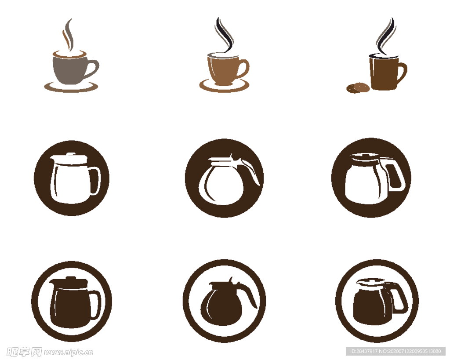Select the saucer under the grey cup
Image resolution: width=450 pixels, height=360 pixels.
coord(71,87)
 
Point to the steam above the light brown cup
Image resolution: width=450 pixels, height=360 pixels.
coord(225,34)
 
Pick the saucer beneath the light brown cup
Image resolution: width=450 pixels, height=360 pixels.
coord(225,86)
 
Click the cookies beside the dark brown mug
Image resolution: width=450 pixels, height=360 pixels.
coord(358,87)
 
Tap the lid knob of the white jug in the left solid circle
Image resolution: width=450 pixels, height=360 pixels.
coord(71,154)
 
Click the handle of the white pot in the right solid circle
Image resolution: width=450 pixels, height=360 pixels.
coord(395,175)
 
